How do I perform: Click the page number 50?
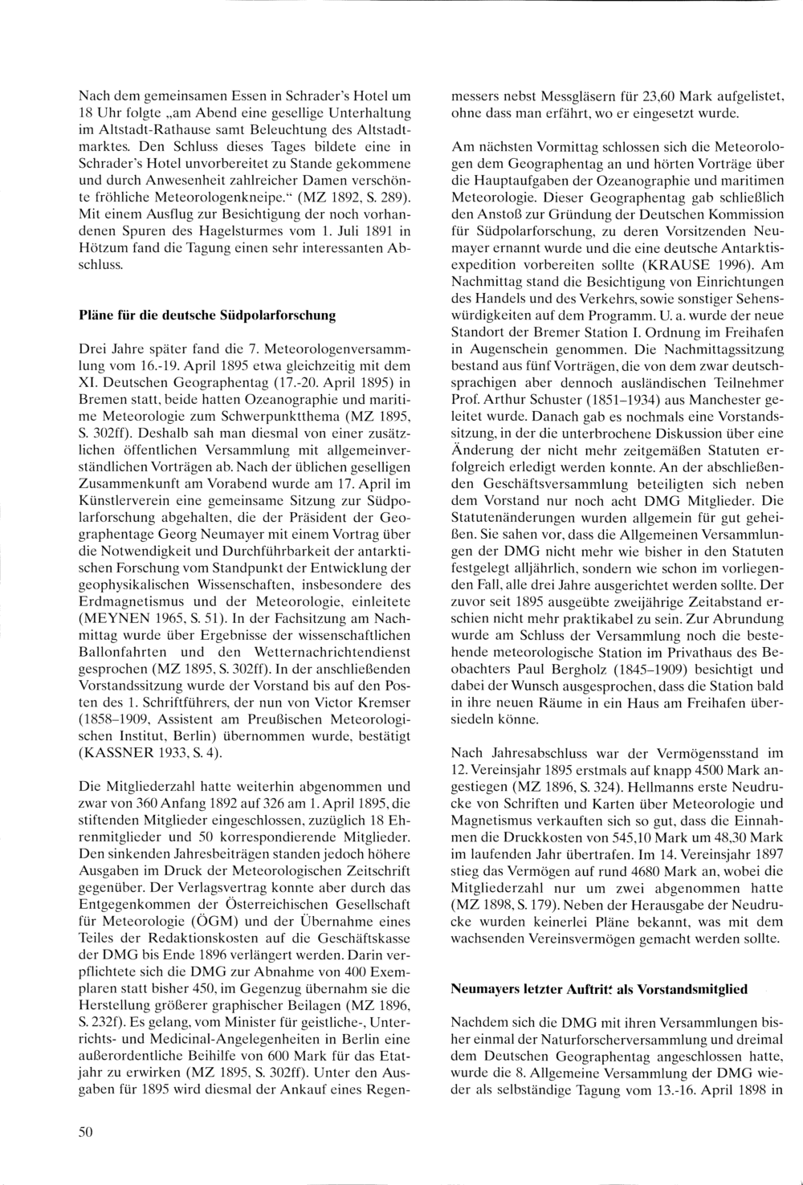(x=87, y=1132)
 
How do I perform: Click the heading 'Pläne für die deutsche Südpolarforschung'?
(x=206, y=316)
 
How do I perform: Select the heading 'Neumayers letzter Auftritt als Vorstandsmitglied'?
(x=599, y=989)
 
